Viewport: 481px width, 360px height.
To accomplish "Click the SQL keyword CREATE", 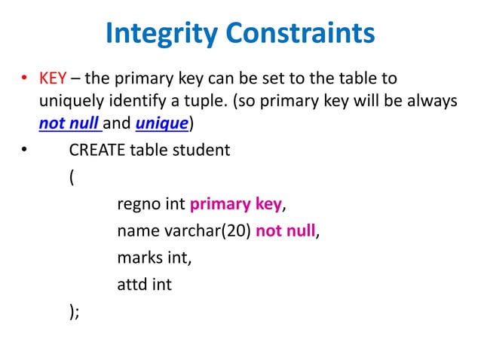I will [x=97, y=149].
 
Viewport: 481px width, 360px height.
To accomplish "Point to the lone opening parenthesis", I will [x=71, y=178].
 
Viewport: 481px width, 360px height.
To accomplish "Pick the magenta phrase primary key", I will [x=235, y=205].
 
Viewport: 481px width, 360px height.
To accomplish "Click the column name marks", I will [x=139, y=258].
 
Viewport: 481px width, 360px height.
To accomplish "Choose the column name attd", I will [x=133, y=285].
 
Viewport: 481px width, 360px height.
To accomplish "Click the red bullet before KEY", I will [x=24, y=80].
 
